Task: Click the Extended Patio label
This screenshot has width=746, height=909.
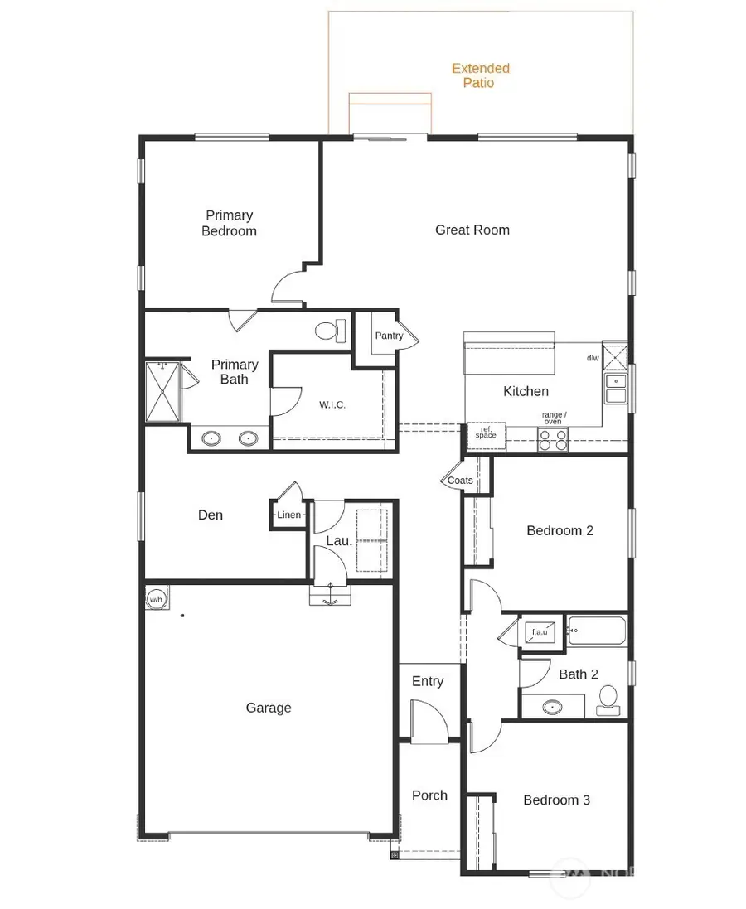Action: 481,75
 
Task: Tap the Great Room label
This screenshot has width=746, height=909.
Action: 472,230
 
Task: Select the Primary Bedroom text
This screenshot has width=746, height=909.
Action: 229,223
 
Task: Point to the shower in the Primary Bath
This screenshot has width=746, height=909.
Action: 162,392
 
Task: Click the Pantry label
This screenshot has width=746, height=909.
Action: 389,336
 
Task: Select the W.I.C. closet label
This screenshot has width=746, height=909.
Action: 332,405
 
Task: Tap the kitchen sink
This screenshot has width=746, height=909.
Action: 615,388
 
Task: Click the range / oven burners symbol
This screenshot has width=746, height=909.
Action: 553,444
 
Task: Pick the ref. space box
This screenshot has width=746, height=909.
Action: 486,433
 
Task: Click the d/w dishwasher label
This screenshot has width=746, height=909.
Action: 593,358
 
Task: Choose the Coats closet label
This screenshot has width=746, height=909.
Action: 460,481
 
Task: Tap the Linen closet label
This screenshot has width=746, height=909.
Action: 289,515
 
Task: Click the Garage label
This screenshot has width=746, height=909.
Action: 269,708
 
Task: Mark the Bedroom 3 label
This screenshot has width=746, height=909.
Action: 556,800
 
